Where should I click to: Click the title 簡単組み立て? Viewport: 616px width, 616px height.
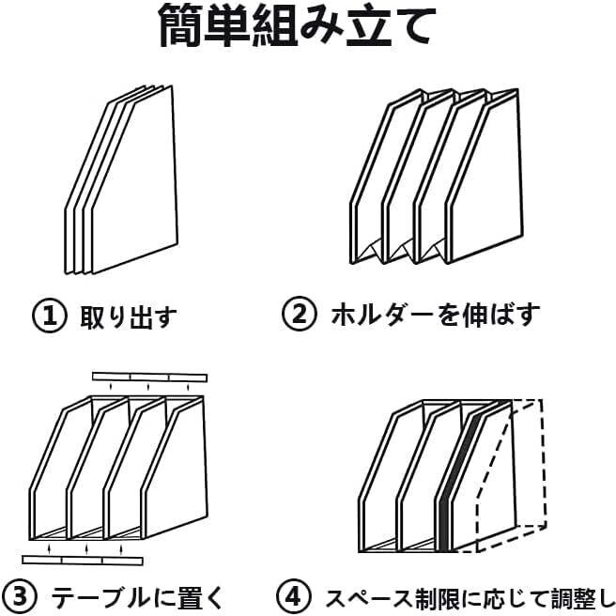tap(298, 25)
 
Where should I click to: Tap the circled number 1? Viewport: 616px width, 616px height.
tap(50, 316)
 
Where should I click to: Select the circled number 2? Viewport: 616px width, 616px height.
tap(300, 314)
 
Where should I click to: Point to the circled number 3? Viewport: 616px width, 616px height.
tap(20, 596)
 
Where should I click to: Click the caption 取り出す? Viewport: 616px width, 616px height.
tap(129, 316)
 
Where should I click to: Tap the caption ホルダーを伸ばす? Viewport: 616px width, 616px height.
tap(436, 315)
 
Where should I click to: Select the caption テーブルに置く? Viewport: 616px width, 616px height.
tap(137, 597)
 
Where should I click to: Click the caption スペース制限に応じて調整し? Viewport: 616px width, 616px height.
tap(470, 597)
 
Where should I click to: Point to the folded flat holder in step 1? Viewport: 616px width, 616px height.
tap(121, 180)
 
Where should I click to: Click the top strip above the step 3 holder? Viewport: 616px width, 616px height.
tap(149, 377)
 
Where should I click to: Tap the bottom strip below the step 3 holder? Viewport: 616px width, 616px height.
tap(83, 560)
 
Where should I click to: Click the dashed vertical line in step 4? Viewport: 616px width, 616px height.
tap(544, 463)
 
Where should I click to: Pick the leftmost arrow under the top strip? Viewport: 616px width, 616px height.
tap(111, 387)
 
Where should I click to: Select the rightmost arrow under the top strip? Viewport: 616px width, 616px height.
tap(188, 388)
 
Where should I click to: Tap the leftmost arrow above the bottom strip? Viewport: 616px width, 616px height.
tap(49, 548)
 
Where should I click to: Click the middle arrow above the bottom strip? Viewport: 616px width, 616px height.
tap(86, 548)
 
